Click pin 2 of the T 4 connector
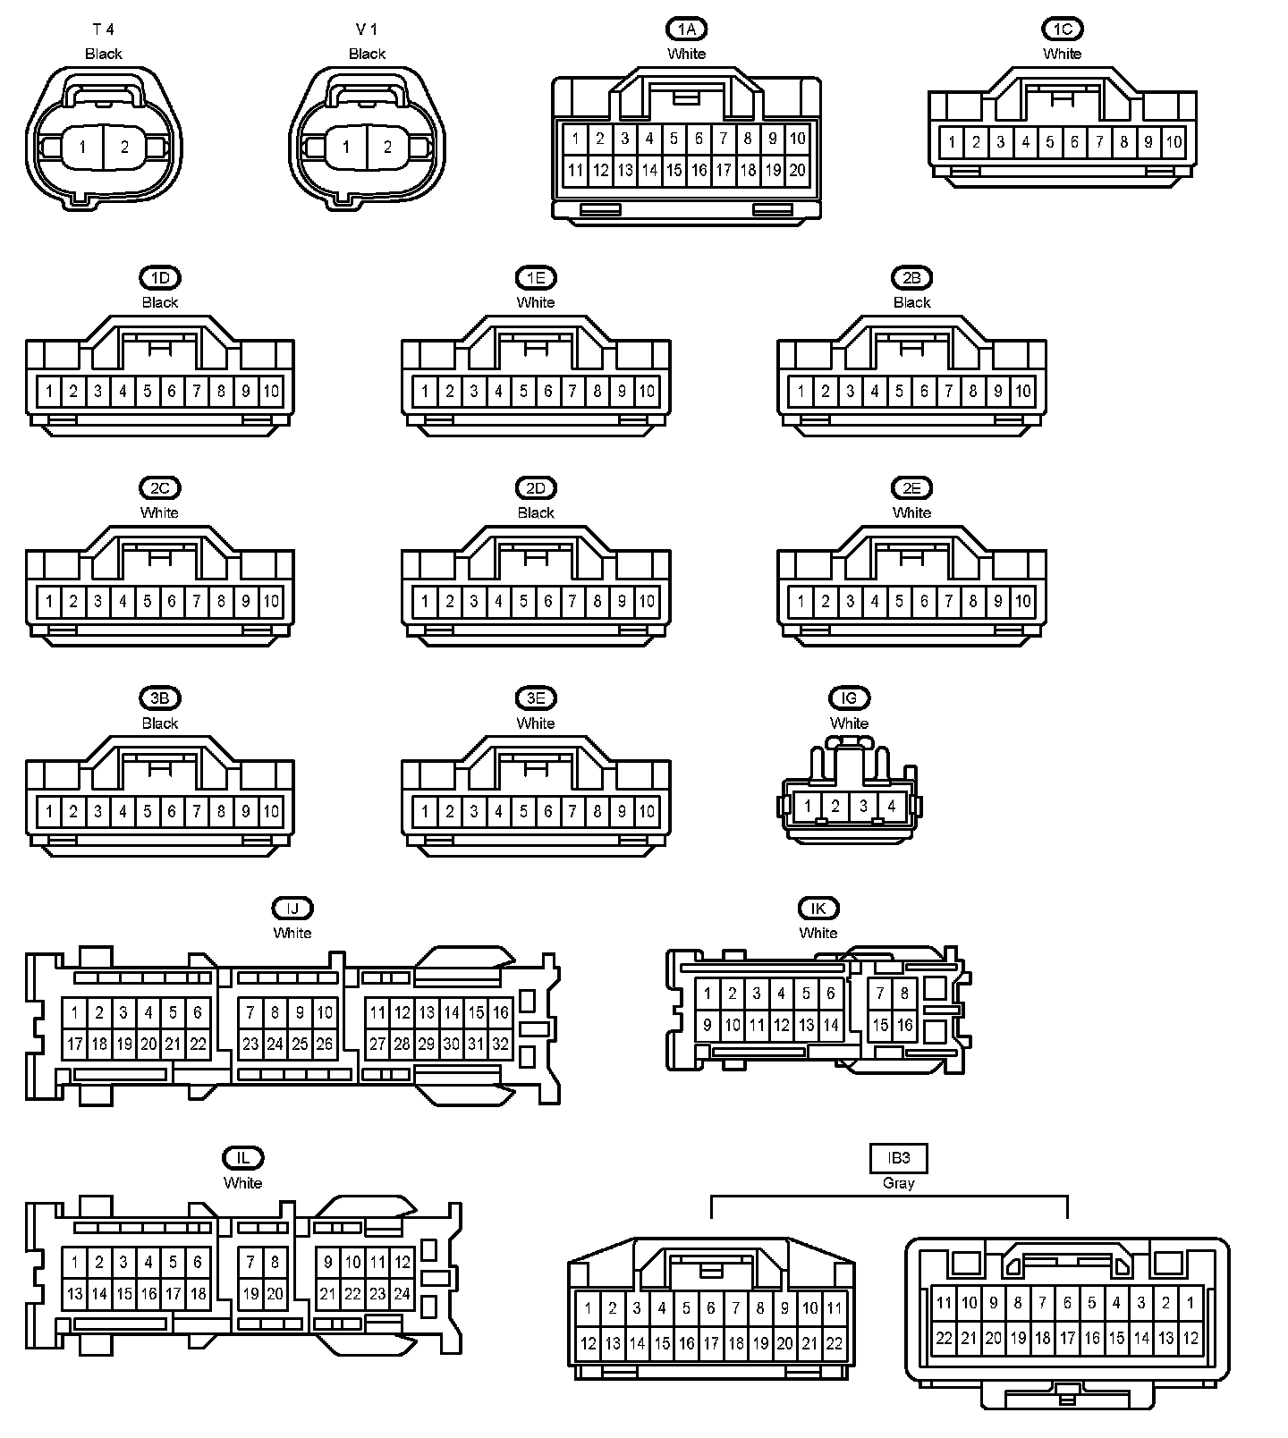tap(124, 148)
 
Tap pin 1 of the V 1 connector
tap(346, 148)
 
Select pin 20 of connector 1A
tap(797, 170)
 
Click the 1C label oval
tap(1062, 30)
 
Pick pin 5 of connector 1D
tap(148, 391)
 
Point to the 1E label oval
tap(536, 278)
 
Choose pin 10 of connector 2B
tap(1022, 391)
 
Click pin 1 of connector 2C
tap(49, 601)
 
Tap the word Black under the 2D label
tap(536, 512)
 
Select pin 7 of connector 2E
tap(948, 601)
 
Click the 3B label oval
tap(160, 698)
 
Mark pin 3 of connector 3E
tap(474, 811)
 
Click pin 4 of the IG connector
tap(891, 806)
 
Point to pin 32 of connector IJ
tap(500, 1044)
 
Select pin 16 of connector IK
tap(904, 1026)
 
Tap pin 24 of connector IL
tap(402, 1293)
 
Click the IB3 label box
tap(899, 1158)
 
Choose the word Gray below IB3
tap(899, 1183)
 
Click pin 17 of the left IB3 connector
tap(711, 1342)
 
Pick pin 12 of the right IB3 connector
tap(1191, 1338)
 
